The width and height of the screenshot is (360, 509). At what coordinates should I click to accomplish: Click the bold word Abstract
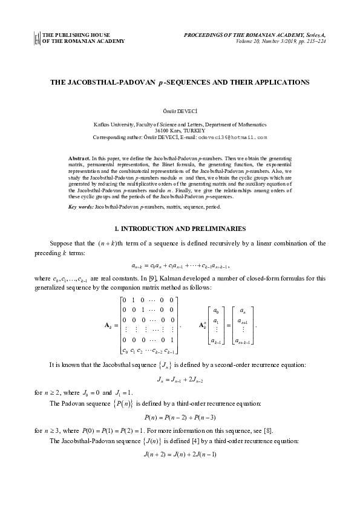point(79,157)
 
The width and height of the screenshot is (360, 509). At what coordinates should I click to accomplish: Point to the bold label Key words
point(80,207)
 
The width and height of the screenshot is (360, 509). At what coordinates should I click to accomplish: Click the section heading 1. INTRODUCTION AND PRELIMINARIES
point(180,229)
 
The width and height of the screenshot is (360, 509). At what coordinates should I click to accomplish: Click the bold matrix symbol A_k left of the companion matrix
point(111,325)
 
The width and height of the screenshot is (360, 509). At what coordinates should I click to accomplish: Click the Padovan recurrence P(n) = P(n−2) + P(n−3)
point(180,418)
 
